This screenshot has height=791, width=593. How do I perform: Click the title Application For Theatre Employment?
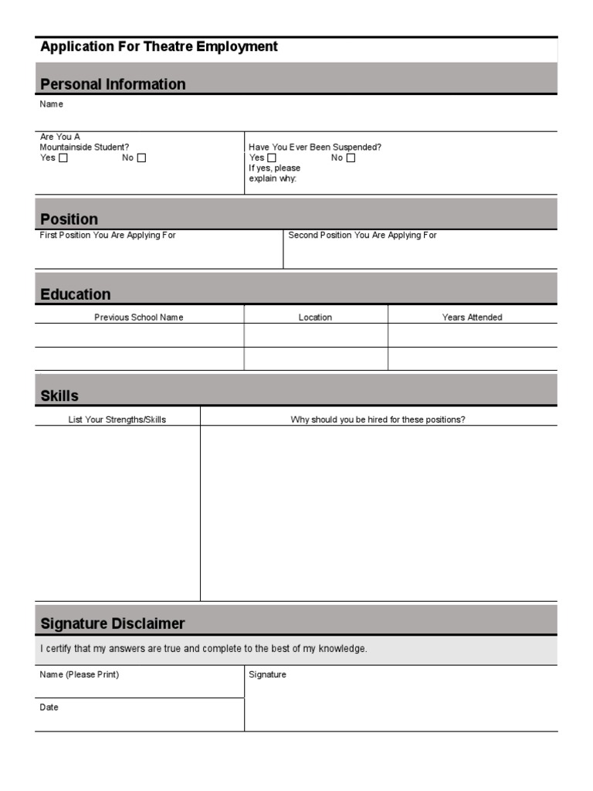point(158,47)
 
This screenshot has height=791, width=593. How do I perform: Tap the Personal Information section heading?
point(113,84)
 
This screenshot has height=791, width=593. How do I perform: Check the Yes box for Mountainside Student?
point(63,158)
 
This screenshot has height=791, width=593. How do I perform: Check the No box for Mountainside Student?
point(141,158)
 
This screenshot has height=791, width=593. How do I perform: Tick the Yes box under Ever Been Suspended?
point(272,158)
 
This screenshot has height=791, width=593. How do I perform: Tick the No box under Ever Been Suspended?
point(351,158)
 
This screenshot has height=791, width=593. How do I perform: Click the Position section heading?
point(69,219)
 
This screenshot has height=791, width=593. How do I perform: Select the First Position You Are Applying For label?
point(107,235)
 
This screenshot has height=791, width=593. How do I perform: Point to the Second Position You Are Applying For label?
point(362,235)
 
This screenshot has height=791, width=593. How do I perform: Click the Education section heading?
point(75,294)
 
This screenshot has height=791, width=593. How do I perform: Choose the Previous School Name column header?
point(139,317)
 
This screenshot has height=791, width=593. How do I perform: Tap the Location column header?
point(315,317)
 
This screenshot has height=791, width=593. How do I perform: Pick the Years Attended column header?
point(472,317)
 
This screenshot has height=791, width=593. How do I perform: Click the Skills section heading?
point(59,396)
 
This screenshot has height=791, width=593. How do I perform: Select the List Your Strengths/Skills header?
point(117,420)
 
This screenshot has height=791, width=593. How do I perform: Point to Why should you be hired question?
point(378,420)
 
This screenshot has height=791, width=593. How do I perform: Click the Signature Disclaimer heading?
point(112,623)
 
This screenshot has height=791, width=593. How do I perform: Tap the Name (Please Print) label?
point(80,674)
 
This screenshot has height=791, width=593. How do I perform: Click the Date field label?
point(49,708)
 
